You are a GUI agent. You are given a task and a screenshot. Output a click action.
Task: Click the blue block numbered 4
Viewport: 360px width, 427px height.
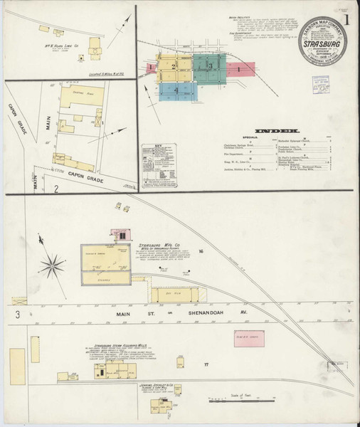(174, 90)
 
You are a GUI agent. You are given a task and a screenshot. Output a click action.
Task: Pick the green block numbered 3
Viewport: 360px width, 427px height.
(209, 65)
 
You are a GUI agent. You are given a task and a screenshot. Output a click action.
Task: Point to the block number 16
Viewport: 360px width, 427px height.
(202, 252)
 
